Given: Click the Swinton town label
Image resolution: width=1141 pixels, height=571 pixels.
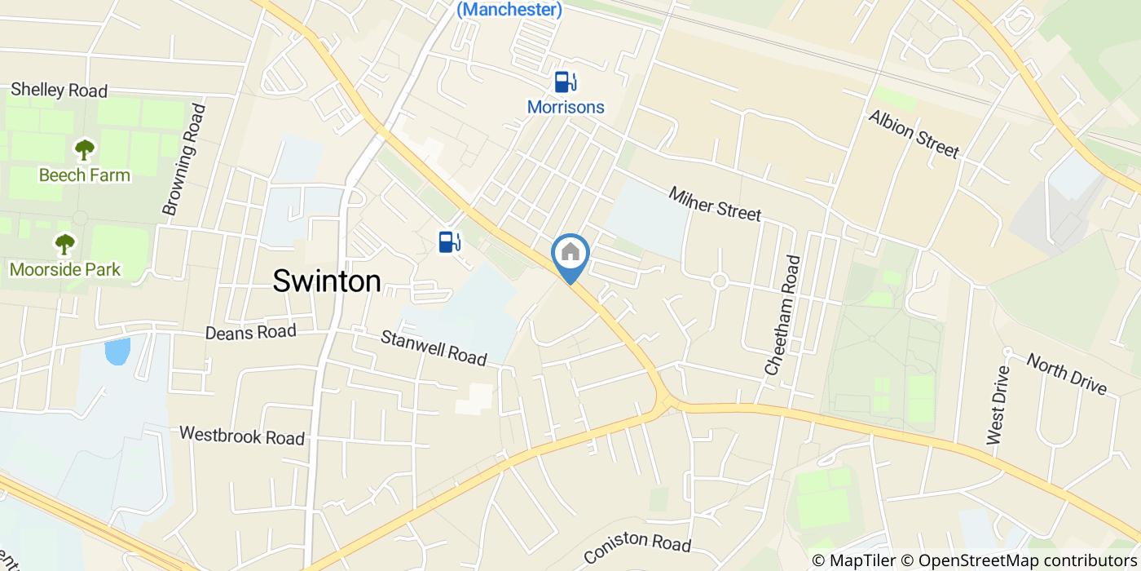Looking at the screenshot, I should click(x=327, y=281).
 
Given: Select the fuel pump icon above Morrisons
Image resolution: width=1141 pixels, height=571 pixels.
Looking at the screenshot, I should click(x=566, y=82).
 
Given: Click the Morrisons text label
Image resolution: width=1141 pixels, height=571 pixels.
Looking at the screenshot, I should click(x=566, y=107).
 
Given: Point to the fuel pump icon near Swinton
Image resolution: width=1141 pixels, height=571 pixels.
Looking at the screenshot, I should click(x=450, y=241).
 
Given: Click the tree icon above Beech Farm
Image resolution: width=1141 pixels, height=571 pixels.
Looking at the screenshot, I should click(x=84, y=150).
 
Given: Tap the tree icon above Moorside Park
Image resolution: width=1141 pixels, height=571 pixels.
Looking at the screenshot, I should click(x=64, y=244).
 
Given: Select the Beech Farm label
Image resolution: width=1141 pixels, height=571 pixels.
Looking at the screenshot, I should click(x=84, y=175).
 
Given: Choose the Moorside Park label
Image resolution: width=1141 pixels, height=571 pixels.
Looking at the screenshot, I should click(x=65, y=269).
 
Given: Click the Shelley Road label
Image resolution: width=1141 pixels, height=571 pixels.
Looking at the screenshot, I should click(x=59, y=90).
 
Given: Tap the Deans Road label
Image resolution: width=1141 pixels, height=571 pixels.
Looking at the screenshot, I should click(x=250, y=332).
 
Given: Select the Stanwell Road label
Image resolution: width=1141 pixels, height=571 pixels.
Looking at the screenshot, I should click(x=434, y=347).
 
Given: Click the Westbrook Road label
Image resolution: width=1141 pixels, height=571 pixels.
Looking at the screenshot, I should click(x=242, y=436).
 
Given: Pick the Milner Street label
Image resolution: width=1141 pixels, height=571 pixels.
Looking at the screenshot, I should click(x=715, y=203).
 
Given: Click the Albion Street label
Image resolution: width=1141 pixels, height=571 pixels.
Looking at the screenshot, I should click(x=914, y=134).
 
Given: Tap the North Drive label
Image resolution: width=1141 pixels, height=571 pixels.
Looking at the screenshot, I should click(x=1066, y=374).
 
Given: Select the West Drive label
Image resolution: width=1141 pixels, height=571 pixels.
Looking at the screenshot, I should click(x=997, y=405).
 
